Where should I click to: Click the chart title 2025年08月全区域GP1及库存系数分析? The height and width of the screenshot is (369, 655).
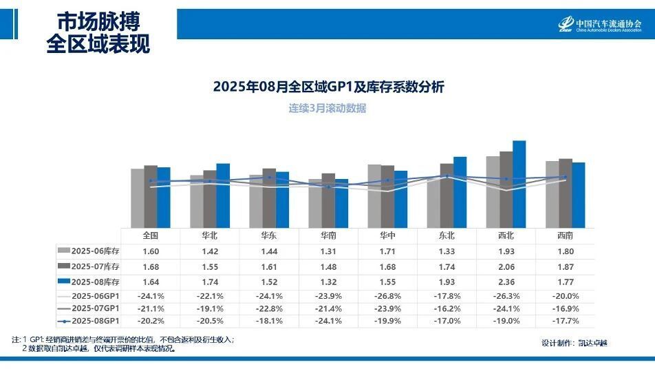328,87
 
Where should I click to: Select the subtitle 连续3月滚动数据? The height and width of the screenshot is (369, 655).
327,108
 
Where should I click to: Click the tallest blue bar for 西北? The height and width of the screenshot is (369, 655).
519,184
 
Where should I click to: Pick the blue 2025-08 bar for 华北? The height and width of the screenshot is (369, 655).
223,195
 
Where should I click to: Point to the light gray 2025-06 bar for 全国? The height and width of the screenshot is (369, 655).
138,198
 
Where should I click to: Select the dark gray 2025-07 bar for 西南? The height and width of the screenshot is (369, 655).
566,193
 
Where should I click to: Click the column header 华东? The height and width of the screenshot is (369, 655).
268,235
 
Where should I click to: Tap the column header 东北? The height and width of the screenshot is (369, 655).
447,235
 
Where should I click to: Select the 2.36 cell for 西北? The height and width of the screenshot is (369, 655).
506,282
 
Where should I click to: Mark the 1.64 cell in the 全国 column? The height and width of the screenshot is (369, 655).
150,282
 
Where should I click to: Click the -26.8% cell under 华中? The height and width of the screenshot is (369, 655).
387,296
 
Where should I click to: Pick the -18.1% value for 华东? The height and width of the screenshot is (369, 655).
268,321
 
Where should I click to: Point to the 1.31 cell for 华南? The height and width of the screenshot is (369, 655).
328,251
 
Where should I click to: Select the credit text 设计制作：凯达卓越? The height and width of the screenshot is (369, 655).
574,343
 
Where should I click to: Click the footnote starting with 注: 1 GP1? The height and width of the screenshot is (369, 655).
124,339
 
